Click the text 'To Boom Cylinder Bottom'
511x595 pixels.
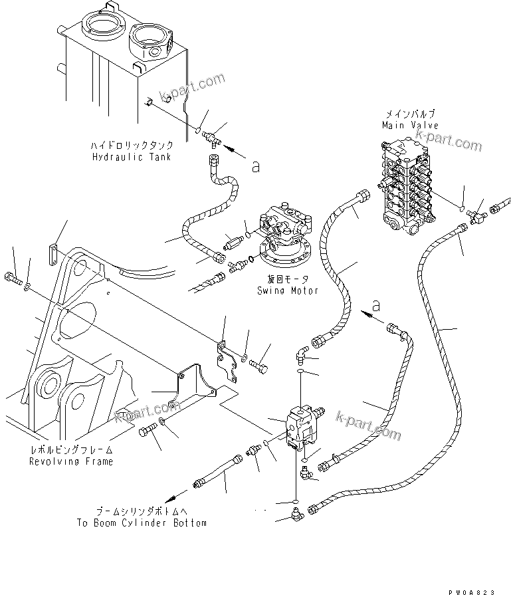pos(142,523)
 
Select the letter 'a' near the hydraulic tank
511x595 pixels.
pos(256,168)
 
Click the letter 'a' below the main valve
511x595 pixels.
pos(377,305)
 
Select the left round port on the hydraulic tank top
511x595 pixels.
pos(101,29)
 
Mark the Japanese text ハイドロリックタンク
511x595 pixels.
pos(133,145)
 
